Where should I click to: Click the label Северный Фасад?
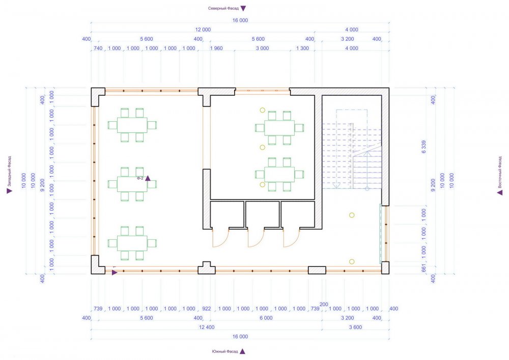tap(223, 9)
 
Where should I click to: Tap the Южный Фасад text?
tap(225, 351)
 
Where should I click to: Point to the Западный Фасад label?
tap(9, 171)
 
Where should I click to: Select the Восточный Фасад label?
tap(500, 173)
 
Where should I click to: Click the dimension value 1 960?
tap(216, 48)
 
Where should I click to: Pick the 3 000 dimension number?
tap(262, 48)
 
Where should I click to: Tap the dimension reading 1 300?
tap(302, 48)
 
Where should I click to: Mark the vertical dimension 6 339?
tap(423, 147)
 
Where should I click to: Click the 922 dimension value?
tap(207, 309)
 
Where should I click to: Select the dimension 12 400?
tap(207, 327)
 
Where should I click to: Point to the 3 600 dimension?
tap(355, 327)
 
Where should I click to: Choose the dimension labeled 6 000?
tap(266, 318)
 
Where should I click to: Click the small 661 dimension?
tap(423, 268)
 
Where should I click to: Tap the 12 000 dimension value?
tap(203, 30)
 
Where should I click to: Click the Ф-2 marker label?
tap(140, 178)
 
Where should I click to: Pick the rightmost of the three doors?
tap(292, 239)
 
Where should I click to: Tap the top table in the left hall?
tap(132, 125)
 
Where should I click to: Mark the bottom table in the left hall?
tap(132, 243)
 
